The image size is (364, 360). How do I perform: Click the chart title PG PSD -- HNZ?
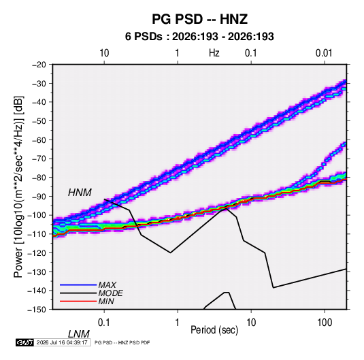200,19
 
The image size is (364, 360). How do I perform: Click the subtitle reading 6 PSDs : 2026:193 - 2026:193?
199,37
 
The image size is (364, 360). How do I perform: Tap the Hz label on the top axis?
214,53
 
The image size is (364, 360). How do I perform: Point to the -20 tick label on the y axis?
39,65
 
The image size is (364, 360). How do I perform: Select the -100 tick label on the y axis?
37,215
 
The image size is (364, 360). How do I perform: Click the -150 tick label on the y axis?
37,310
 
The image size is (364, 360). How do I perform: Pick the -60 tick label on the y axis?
39,140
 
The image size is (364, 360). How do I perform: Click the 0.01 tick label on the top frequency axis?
324,53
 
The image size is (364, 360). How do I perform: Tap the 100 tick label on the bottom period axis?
325,323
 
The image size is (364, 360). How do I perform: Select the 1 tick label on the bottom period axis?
178,323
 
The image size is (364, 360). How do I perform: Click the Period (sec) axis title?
214,330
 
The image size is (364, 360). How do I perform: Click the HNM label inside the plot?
80,193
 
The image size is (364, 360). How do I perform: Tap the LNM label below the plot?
79,334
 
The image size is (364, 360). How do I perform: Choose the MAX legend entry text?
107,285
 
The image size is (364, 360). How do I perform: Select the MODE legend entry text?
110,293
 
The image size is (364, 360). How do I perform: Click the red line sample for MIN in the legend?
78,301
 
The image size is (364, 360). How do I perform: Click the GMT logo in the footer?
24,342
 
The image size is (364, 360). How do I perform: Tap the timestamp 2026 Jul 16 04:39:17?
62,342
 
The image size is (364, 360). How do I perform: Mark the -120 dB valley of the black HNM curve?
170,252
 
